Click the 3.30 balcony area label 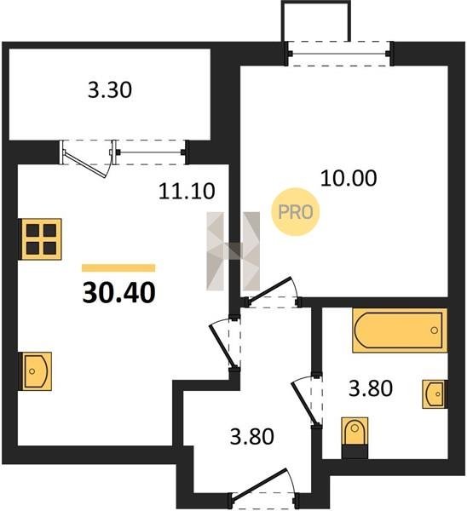click(x=110, y=90)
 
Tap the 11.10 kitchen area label click(x=187, y=191)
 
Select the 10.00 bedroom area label click(x=349, y=178)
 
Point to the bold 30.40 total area click(x=119, y=293)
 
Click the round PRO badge click(x=296, y=212)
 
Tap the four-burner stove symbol click(x=41, y=239)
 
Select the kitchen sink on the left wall click(x=36, y=371)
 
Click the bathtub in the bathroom click(x=400, y=330)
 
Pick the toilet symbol click(x=355, y=438)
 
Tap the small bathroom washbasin click(x=435, y=394)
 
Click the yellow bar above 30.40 click(x=118, y=268)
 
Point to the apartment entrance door click(x=263, y=487)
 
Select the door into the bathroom click(x=307, y=401)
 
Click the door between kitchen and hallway click(x=225, y=344)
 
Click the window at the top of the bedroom click(x=339, y=54)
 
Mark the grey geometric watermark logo click(x=233, y=251)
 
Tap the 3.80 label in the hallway click(x=252, y=437)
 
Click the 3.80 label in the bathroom click(x=371, y=389)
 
